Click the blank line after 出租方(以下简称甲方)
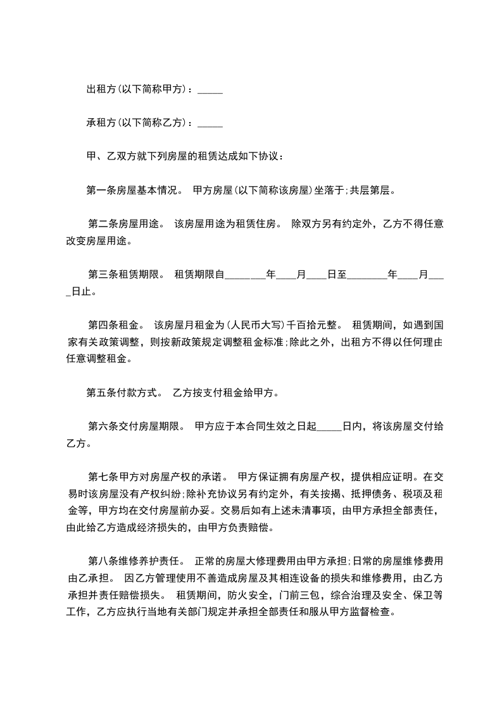click(x=210, y=90)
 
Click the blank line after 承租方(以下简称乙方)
click(x=210, y=123)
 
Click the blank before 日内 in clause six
click(x=329, y=426)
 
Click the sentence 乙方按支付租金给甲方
click(x=225, y=393)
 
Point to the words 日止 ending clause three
click(x=83, y=292)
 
